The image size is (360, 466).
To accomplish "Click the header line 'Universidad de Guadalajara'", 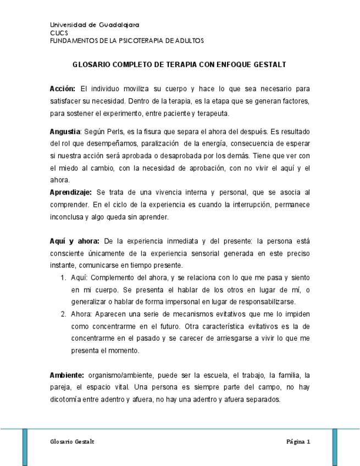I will pyautogui.click(x=94, y=25).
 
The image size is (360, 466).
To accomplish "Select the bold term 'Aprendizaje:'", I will pyautogui.click(x=71, y=192).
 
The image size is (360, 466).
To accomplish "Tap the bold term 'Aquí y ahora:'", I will pyautogui.click(x=74, y=241).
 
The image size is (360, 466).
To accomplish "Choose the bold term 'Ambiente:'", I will pyautogui.click(x=67, y=375).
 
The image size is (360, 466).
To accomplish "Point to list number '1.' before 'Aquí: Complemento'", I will pyautogui.click(x=63, y=277).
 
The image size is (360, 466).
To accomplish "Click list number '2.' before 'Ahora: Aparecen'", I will pyautogui.click(x=63, y=314).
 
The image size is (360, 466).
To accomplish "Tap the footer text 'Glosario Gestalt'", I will pyautogui.click(x=72, y=442).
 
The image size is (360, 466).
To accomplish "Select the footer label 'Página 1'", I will pyautogui.click(x=298, y=442).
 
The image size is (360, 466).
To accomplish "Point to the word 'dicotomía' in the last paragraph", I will pyautogui.click(x=66, y=400).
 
